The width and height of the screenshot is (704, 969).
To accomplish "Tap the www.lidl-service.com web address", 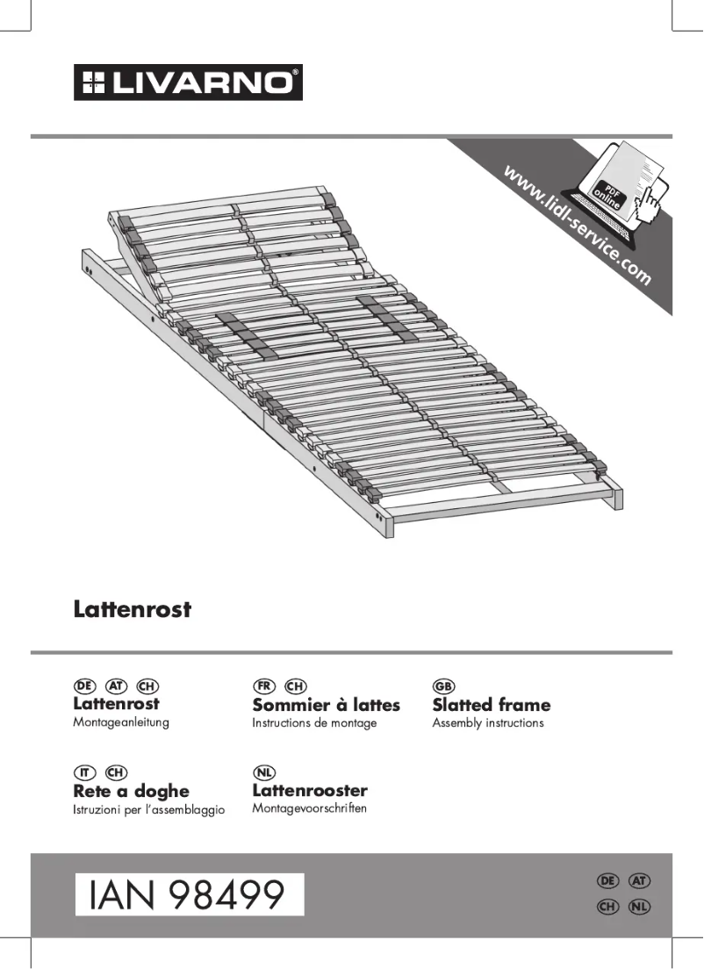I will pyautogui.click(x=577, y=224).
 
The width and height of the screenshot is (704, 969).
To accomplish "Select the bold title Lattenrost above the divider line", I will pyautogui.click(x=132, y=609).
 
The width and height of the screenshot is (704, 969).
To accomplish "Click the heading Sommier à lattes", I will pyautogui.click(x=326, y=705).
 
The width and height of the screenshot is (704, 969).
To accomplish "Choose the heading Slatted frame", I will pyautogui.click(x=492, y=705).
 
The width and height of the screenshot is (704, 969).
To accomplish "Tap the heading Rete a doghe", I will pyautogui.click(x=131, y=791).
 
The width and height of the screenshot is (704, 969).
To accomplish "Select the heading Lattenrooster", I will pyautogui.click(x=310, y=791).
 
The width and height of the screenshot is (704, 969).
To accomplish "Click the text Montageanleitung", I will pyautogui.click(x=120, y=722).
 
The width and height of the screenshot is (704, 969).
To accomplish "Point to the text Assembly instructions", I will pyautogui.click(x=488, y=723).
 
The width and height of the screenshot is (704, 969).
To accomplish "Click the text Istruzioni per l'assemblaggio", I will pyautogui.click(x=149, y=809).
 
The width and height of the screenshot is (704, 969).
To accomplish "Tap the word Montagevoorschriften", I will pyautogui.click(x=309, y=807).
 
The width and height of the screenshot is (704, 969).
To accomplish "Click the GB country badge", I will pyautogui.click(x=443, y=685).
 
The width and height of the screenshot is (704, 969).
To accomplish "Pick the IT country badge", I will pyautogui.click(x=84, y=772).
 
